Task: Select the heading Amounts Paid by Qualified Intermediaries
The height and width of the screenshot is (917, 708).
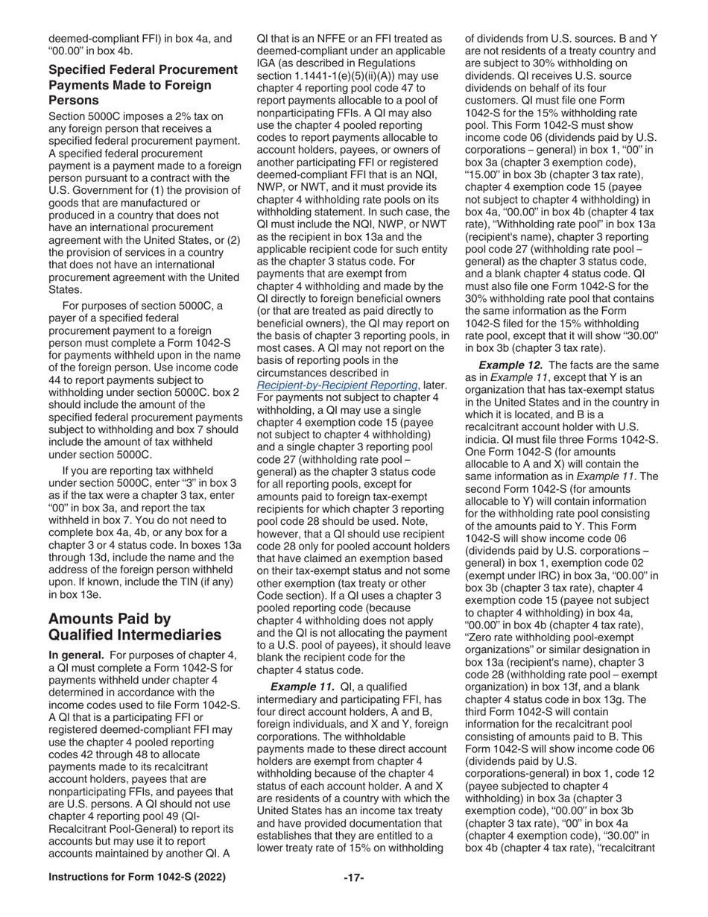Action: [x=134, y=626]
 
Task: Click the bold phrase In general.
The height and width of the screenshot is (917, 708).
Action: [x=77, y=655]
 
